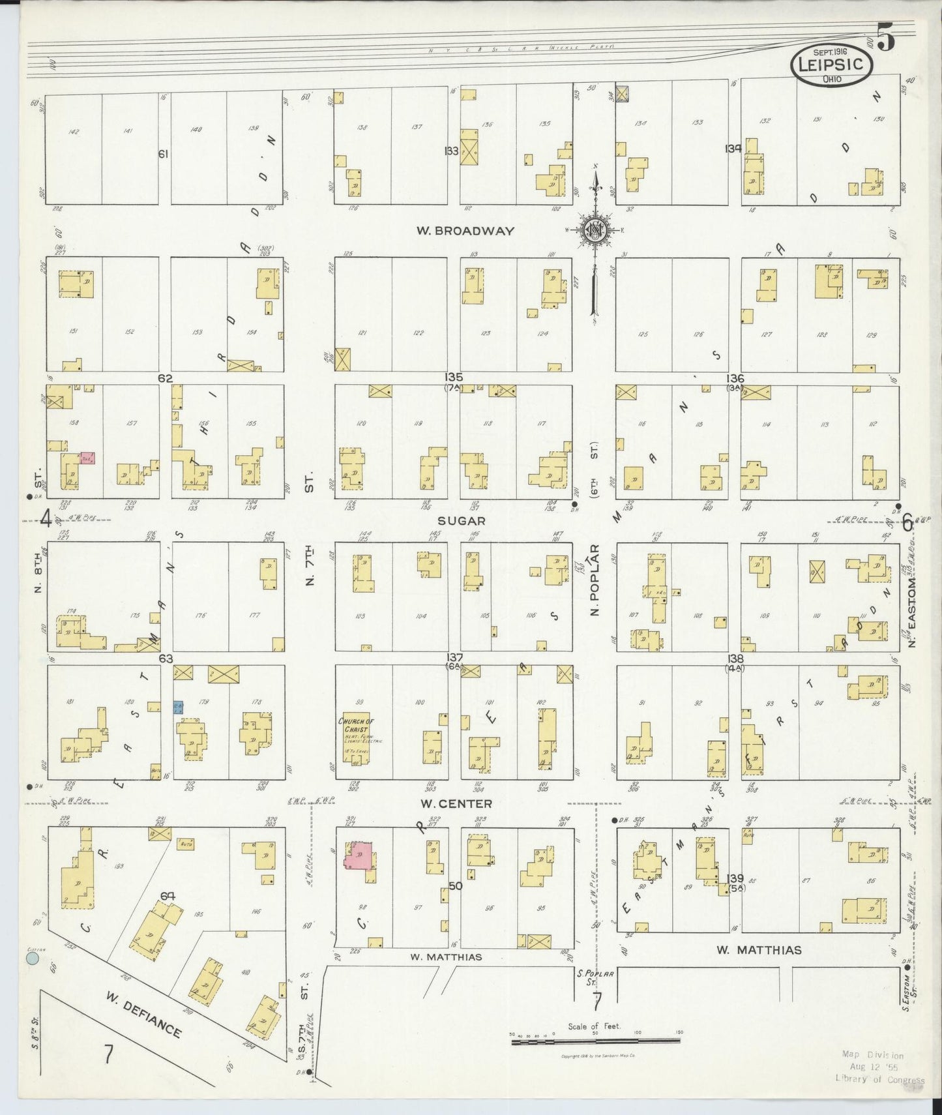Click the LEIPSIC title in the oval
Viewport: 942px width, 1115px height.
(832, 64)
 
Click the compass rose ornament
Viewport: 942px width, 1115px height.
(595, 229)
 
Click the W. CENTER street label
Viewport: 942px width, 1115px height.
(447, 804)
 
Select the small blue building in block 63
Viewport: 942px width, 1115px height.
(178, 707)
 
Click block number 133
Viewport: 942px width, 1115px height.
(451, 151)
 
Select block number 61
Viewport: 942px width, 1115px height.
(164, 154)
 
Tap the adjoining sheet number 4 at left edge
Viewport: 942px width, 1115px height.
(46, 519)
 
